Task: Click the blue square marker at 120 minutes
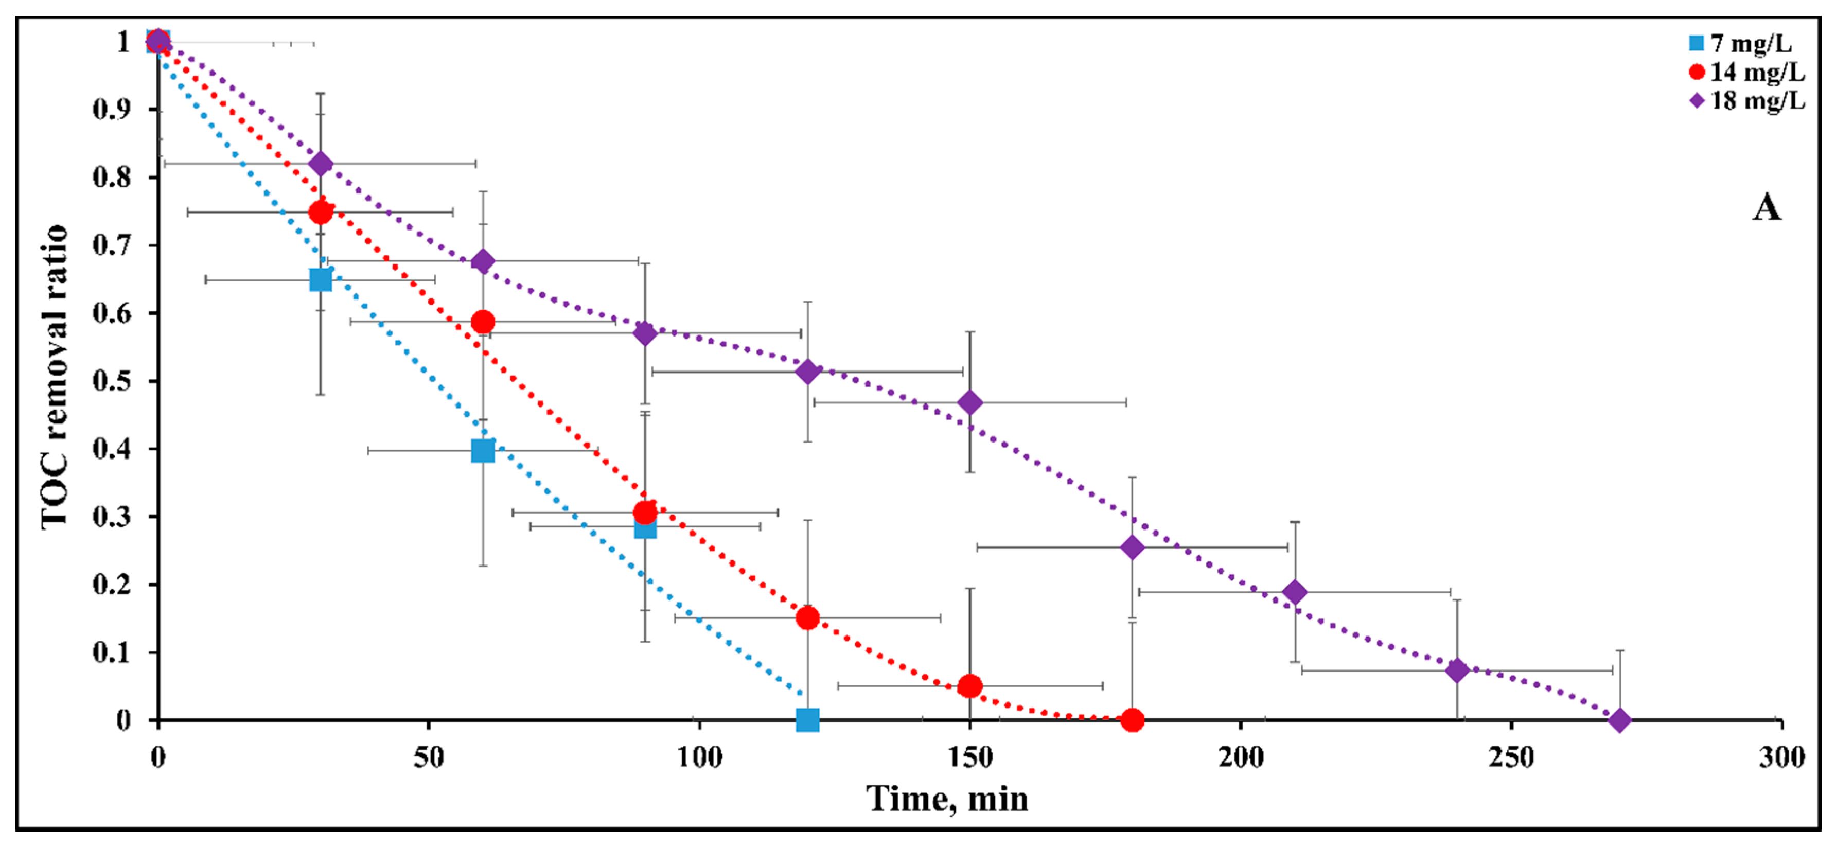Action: tap(807, 720)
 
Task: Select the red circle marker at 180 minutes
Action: tap(1132, 720)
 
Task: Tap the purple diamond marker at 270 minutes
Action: tap(1619, 720)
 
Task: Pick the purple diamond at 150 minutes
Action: tap(969, 402)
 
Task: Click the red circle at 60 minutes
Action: tap(483, 322)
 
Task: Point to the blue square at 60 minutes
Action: tap(483, 450)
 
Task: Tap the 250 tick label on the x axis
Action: tap(1511, 757)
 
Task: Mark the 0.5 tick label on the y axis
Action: tap(112, 381)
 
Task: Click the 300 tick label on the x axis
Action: tap(1781, 757)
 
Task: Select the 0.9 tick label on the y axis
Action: tap(112, 109)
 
